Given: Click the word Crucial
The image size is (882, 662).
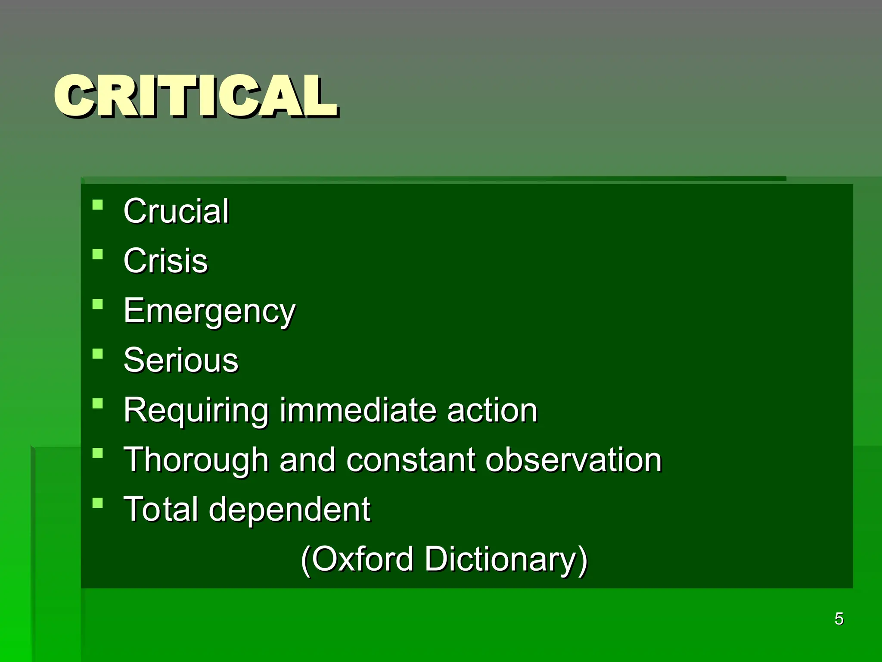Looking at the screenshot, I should tap(176, 211).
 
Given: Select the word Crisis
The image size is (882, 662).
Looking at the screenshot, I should tap(166, 261).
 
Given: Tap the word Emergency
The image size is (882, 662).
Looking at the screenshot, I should tap(210, 311).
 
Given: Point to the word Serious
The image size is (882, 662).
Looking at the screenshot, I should tap(181, 360).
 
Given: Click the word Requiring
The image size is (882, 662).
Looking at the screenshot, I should tap(196, 410).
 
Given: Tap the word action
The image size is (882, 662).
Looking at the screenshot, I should tap(492, 410).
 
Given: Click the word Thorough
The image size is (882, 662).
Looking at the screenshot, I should tap(196, 460).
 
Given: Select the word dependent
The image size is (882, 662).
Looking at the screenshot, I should tap(289, 510).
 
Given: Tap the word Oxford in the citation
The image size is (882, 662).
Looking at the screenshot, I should tap(362, 559).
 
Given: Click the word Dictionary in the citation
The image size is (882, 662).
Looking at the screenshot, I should tap(506, 559).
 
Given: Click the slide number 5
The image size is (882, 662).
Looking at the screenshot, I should tap(839, 619).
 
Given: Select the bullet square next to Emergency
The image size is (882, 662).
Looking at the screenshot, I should tap(98, 304).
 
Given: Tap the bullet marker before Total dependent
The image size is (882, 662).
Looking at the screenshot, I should tap(98, 503).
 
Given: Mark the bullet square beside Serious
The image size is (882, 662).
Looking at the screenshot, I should tap(98, 354).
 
